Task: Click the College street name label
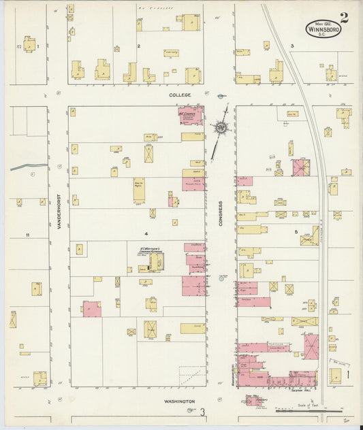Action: [180, 95]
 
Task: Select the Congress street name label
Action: [221, 213]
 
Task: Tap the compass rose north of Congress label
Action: [221, 127]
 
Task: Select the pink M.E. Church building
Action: [191, 116]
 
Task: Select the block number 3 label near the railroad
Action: [291, 46]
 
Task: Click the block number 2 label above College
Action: [138, 46]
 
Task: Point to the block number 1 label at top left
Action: [38, 46]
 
